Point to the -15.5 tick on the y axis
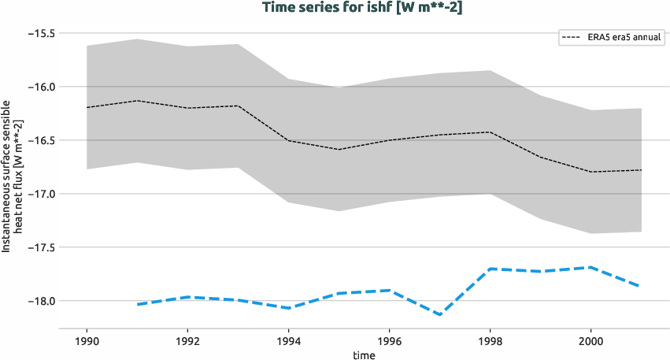tap(39, 34)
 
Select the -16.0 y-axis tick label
tap(39, 87)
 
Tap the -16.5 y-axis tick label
tap(39, 140)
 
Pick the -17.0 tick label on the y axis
tap(39, 194)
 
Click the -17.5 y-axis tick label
tap(39, 247)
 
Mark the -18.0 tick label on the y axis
tap(39, 301)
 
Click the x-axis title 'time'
tap(364, 354)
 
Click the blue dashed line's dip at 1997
tap(439, 314)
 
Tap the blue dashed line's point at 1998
tap(490, 269)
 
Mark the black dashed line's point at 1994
tap(288, 140)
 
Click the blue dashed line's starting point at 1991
tap(137, 304)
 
